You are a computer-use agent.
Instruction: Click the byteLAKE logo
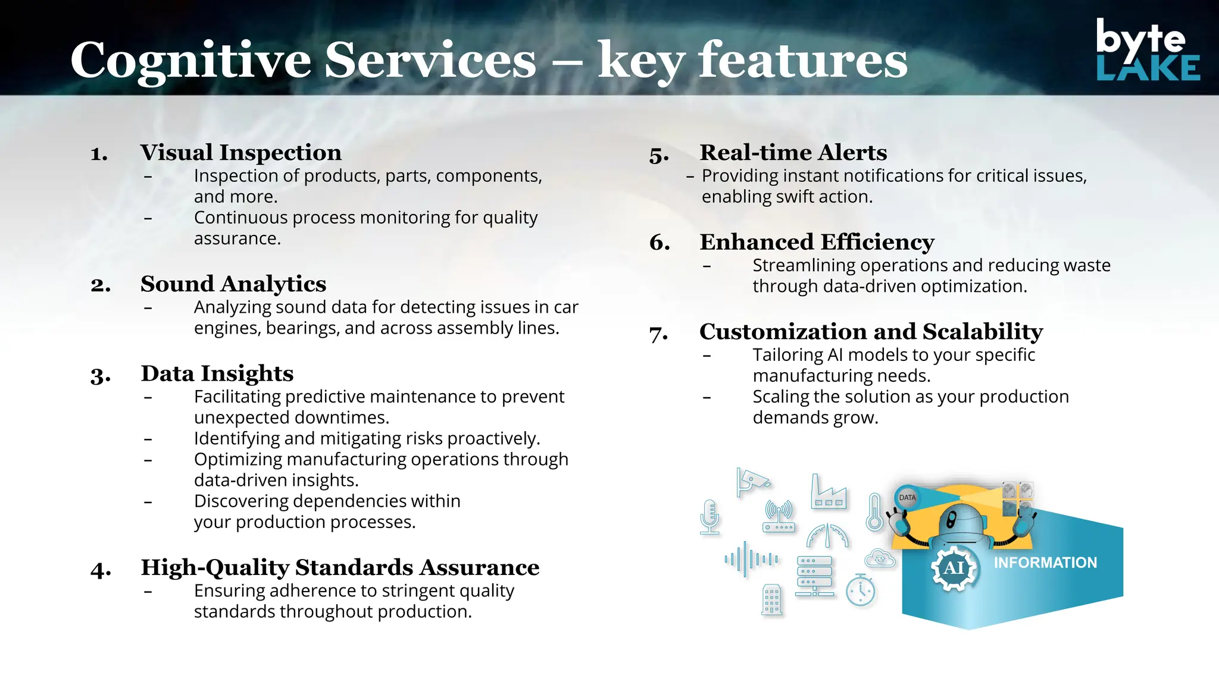tap(1147, 50)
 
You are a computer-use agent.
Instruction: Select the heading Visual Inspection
tap(240, 153)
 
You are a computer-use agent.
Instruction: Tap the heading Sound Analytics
tap(233, 284)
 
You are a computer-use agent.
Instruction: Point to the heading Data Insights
tap(217, 374)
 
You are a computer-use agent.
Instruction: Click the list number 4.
tap(100, 570)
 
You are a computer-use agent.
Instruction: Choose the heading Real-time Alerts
tap(793, 153)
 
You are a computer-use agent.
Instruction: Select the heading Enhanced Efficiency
tap(817, 243)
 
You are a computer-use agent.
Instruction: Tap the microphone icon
tap(709, 516)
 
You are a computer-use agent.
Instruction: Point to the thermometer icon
tap(874, 512)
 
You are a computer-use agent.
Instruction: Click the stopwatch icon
tap(861, 590)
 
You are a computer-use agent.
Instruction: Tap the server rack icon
tap(814, 576)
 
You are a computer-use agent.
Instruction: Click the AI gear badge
tap(954, 568)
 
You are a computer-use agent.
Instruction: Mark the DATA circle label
tap(907, 498)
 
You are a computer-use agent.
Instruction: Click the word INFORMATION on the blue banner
tap(1045, 563)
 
